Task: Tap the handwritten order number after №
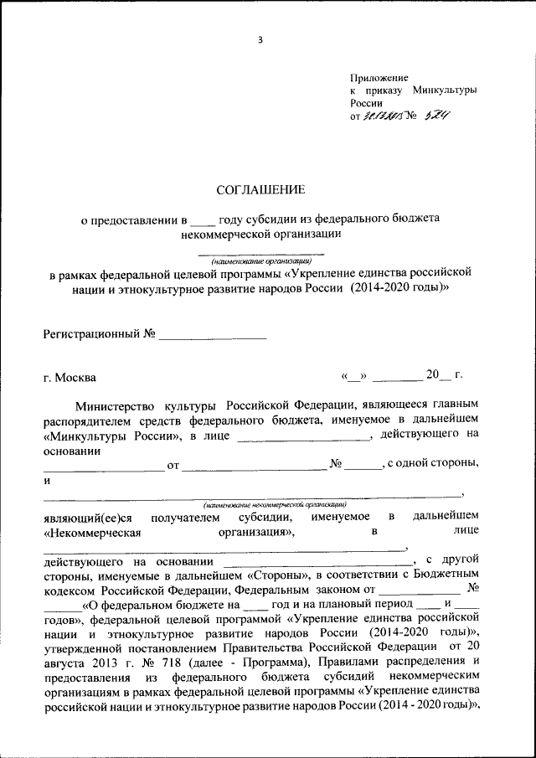436,116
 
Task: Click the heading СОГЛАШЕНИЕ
260,189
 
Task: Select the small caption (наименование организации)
260,260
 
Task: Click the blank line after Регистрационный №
212,335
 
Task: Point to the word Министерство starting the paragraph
115,405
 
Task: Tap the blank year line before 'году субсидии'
203,220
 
